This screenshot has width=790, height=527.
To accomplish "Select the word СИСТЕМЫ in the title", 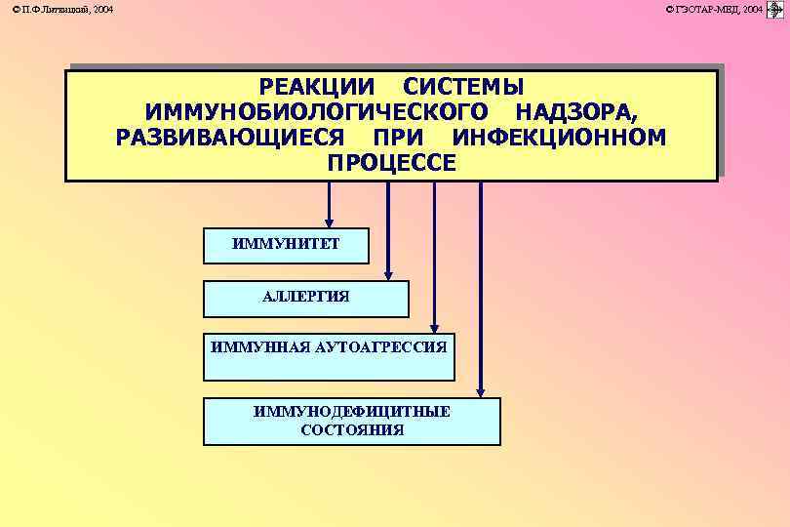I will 463,87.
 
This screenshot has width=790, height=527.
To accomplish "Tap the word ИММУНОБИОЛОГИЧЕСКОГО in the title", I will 314,111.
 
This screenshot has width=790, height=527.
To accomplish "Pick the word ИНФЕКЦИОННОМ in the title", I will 560,137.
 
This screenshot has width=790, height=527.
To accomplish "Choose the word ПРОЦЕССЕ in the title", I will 391,162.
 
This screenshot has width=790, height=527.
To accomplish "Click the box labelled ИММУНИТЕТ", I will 286,245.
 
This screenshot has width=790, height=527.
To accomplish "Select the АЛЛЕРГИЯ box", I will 305,298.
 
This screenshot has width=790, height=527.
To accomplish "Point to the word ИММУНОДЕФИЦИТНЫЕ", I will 351,411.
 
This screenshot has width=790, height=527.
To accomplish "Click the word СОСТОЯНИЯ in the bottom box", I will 351,429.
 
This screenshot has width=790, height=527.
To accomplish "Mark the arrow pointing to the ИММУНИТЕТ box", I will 330,204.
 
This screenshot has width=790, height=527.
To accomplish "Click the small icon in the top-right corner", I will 776,9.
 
